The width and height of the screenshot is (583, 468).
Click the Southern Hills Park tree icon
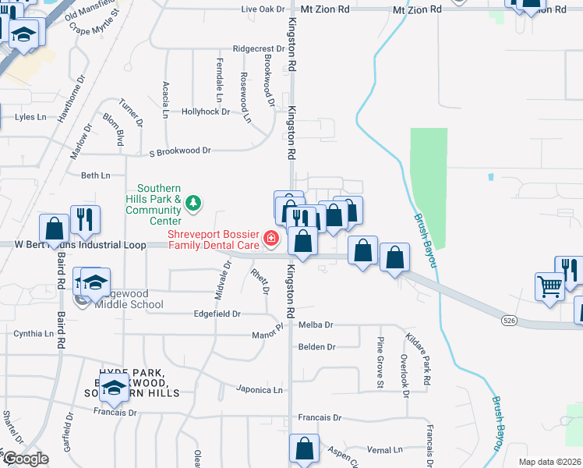(193, 204)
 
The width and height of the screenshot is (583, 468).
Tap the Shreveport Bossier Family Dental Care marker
(271, 238)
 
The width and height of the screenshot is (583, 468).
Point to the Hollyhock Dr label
(206, 112)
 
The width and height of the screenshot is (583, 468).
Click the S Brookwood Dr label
(180, 150)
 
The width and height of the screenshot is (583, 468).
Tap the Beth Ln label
(96, 175)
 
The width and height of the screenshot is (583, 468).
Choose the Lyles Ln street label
(31, 117)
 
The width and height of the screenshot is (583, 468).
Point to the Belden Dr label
(316, 346)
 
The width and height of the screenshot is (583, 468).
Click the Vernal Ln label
(384, 449)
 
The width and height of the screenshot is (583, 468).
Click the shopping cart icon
(549, 286)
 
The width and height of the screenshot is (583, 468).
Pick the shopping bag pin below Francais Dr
(303, 448)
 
